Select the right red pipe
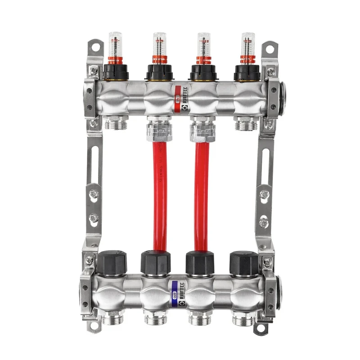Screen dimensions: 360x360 tap(202, 193)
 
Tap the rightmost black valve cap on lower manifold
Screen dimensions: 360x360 tap(243, 261)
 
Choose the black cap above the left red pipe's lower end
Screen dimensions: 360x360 tap(156, 261)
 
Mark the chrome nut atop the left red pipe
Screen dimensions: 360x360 tap(157, 130)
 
